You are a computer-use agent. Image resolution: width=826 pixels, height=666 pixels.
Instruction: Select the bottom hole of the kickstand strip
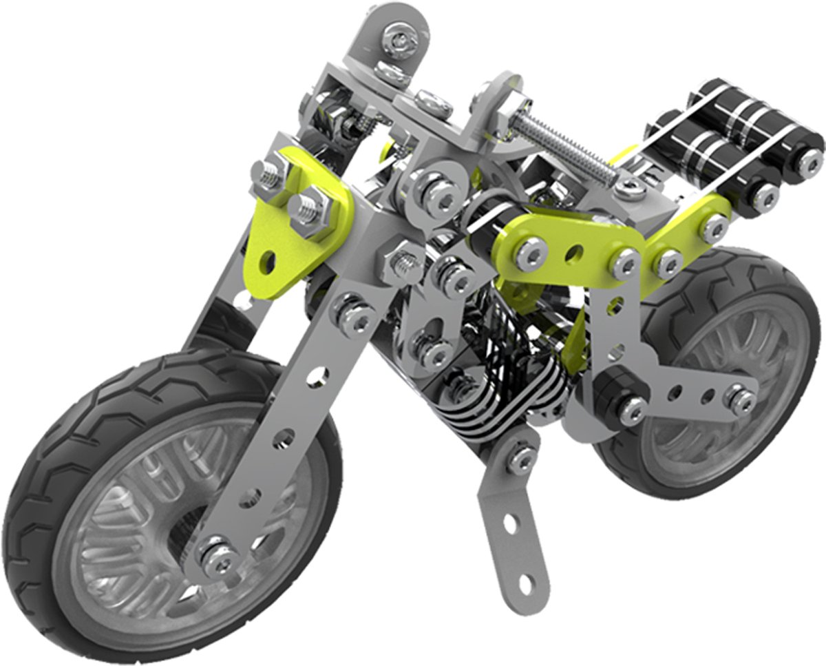click(525, 583)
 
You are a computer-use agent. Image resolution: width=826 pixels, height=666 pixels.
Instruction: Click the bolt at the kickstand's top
click(522, 457)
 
